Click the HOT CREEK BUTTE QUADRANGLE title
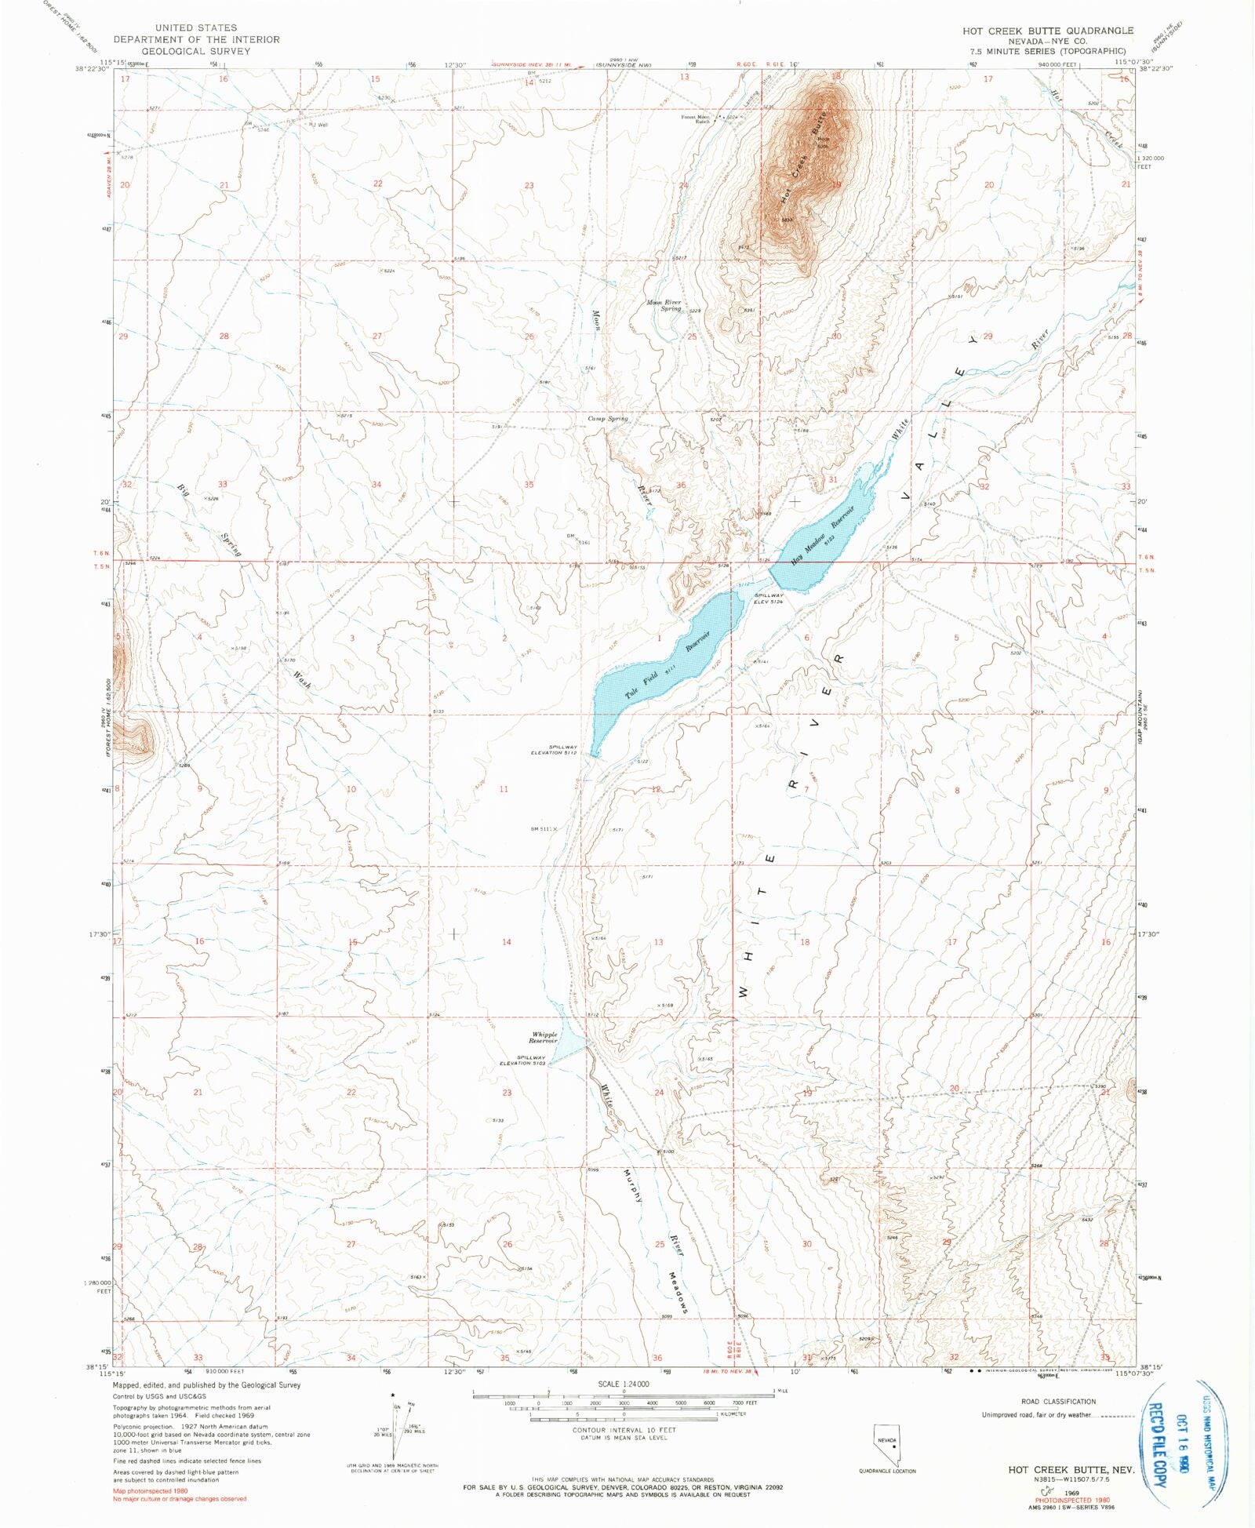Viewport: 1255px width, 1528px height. pyautogui.click(x=1048, y=31)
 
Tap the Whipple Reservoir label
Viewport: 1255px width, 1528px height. pyautogui.click(x=544, y=1037)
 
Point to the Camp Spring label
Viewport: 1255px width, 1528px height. pyautogui.click(x=608, y=419)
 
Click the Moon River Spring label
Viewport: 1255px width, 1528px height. pyautogui.click(x=664, y=305)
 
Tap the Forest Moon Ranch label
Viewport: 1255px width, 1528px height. pyautogui.click(x=696, y=119)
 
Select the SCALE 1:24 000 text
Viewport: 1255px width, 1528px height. pyautogui.click(x=624, y=1384)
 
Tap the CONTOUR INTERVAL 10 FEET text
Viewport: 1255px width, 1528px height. pyautogui.click(x=624, y=1430)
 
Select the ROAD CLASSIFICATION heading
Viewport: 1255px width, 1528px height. pyautogui.click(x=1058, y=1401)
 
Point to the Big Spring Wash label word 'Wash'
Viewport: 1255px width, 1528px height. pyautogui.click(x=303, y=679)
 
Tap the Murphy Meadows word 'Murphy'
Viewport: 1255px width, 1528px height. pyautogui.click(x=633, y=1185)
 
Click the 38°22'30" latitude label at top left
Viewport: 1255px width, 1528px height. pyautogui.click(x=91, y=68)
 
